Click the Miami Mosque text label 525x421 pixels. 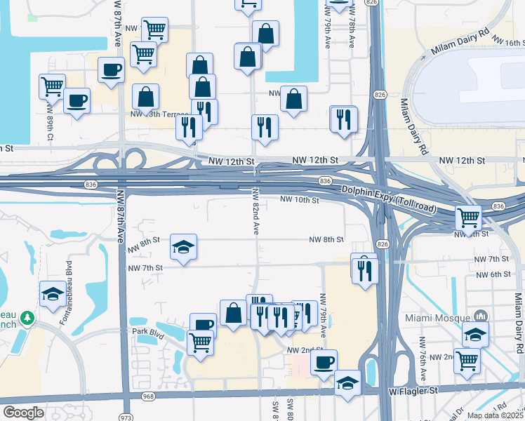coord(435,318)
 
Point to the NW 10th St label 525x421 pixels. coord(300,200)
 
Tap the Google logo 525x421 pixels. coord(23,413)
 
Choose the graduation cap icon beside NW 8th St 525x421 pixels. coord(183,246)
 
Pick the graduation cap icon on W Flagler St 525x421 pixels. coord(347,382)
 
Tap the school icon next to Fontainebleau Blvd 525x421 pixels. coord(53,295)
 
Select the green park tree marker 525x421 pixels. coord(27,319)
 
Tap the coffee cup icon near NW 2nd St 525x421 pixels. coord(324,362)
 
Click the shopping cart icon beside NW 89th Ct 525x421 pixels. coord(52,86)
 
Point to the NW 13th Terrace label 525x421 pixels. coord(159,114)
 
